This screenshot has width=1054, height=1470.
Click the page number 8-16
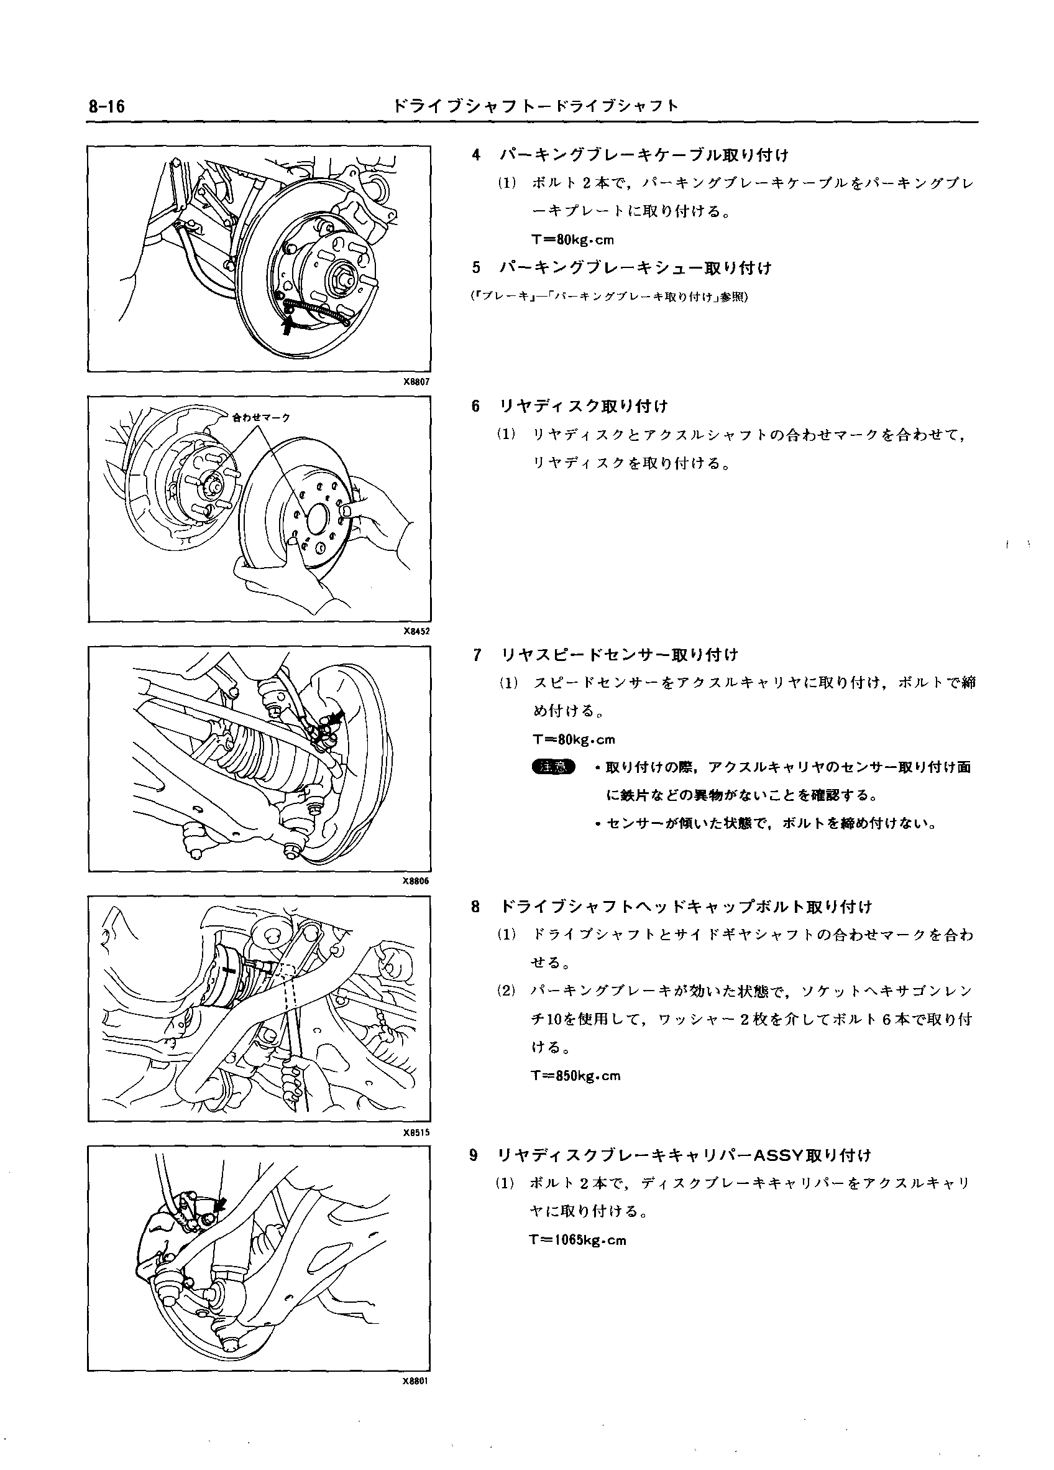(x=107, y=106)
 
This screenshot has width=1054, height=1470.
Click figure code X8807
(x=415, y=382)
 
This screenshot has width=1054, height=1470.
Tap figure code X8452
(x=415, y=631)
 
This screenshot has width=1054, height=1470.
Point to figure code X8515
(x=415, y=1133)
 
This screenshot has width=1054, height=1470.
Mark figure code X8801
(x=415, y=1381)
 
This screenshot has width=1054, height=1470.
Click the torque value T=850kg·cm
(x=575, y=1076)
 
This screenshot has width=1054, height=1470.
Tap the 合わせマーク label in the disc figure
(x=261, y=417)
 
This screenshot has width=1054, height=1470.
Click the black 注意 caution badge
(x=552, y=767)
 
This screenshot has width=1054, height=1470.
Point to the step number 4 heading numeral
(x=476, y=155)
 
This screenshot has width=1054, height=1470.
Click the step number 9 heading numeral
(x=474, y=1155)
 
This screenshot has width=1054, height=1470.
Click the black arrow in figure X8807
(x=287, y=326)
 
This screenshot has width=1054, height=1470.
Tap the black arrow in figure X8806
(x=336, y=717)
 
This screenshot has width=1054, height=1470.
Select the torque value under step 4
(x=572, y=240)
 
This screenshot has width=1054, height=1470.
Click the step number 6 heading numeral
(x=476, y=407)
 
